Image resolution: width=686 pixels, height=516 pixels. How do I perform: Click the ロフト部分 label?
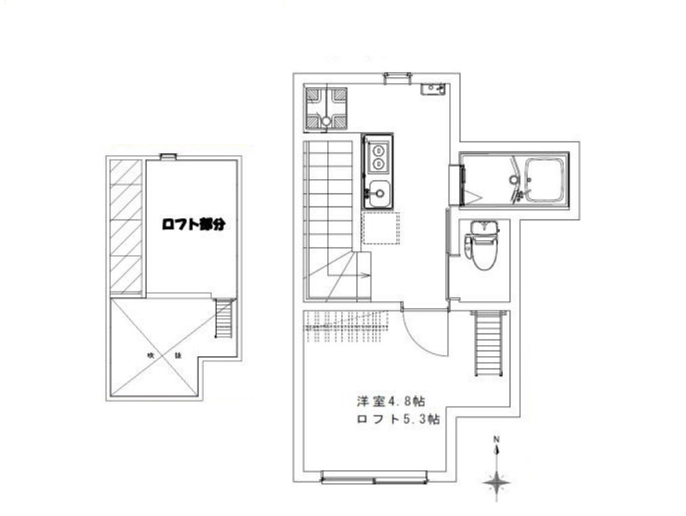tap(193, 224)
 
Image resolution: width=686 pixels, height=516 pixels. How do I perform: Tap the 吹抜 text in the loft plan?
tap(163, 355)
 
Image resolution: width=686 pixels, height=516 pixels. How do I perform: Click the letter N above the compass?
tap(497, 440)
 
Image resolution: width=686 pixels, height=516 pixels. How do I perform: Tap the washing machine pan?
tap(325, 108)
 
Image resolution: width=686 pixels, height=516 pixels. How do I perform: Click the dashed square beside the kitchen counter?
tap(381, 228)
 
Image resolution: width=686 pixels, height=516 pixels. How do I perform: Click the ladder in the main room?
tap(490, 343)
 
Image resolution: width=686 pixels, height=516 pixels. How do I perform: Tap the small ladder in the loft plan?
tap(224, 318)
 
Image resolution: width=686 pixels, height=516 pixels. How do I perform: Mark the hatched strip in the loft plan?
tap(126, 227)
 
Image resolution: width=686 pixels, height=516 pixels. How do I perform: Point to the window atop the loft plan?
tap(168, 156)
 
